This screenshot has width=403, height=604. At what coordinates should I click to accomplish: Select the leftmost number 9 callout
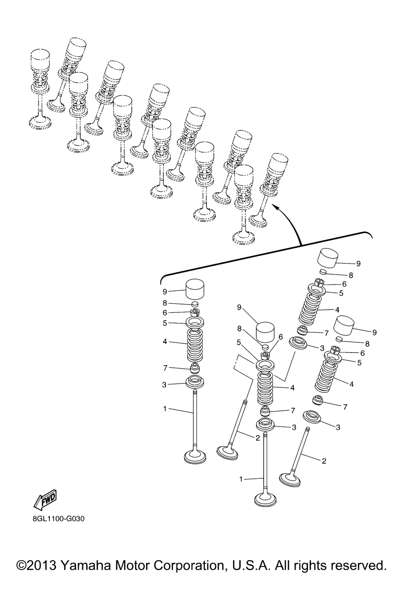165,291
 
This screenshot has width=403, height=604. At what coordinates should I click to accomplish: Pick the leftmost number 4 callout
165,342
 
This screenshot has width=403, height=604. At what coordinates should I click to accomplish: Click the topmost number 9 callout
358,263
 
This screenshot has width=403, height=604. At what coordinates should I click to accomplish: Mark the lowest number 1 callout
241,479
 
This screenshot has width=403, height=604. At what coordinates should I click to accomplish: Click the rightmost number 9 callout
374,332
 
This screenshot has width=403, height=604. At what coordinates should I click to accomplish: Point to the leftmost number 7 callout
165,368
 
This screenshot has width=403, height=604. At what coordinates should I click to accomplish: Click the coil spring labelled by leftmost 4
195,346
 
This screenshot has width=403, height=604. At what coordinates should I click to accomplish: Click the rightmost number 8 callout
367,344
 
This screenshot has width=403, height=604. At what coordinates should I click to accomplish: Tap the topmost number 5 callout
341,293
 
